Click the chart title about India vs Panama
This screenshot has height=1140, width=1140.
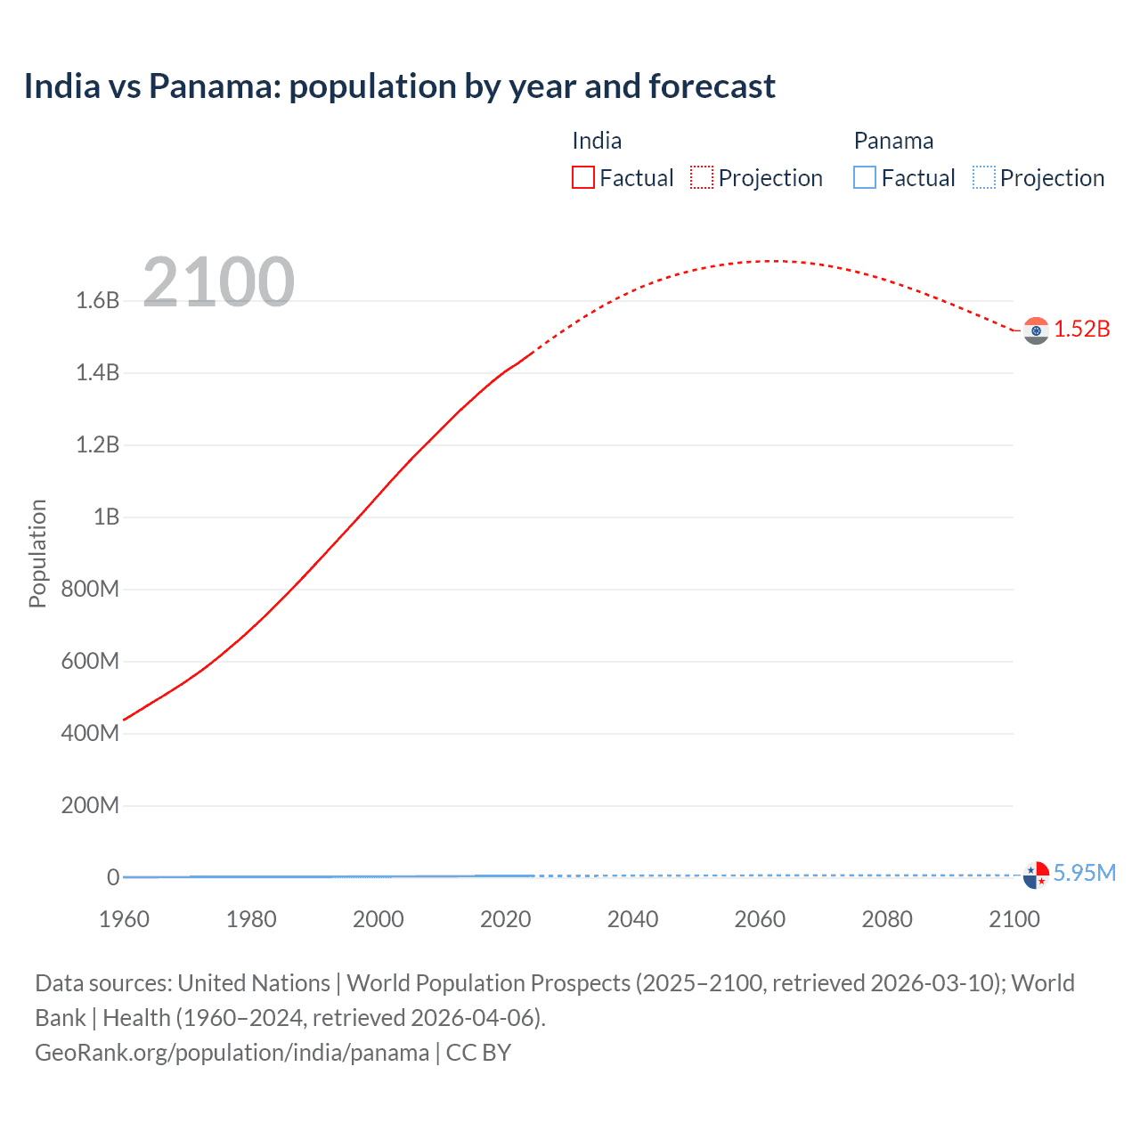[x=399, y=86]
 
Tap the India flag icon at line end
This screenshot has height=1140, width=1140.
[x=1036, y=330]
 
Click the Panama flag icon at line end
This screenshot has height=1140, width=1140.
[x=1036, y=875]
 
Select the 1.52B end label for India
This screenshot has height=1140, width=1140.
[x=1082, y=329]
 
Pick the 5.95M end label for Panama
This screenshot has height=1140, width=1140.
[x=1084, y=873]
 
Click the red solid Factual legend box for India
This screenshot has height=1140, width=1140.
[x=583, y=178]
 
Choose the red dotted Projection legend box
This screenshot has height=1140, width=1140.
[x=702, y=178]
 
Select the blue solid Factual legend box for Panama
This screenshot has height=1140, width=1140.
[x=865, y=178]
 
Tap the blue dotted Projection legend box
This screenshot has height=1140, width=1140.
[x=983, y=178]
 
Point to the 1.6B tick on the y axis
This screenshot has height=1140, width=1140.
[x=98, y=300]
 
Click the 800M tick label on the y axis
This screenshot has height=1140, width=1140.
[x=90, y=589]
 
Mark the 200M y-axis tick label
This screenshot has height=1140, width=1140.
[x=90, y=805]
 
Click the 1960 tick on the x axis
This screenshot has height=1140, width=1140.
[x=124, y=919]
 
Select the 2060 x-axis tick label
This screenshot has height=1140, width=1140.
[x=760, y=919]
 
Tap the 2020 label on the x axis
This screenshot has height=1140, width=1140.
[x=505, y=919]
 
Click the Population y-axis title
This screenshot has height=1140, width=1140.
[x=37, y=553]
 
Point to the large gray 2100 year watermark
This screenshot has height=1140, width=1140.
[x=218, y=281]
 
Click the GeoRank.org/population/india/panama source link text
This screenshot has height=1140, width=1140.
[x=232, y=1053]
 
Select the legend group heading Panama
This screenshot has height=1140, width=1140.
[x=893, y=141]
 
